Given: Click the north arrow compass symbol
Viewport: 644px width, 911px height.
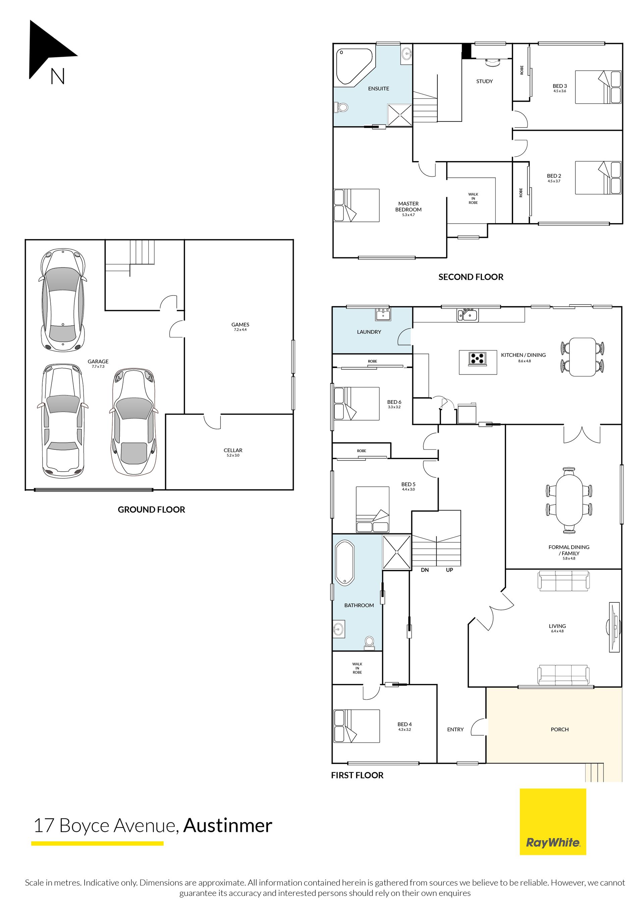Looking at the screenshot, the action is pyautogui.click(x=50, y=52).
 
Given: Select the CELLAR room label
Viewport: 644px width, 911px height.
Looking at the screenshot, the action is pyautogui.click(x=233, y=450).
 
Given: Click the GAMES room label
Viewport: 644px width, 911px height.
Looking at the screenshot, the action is pyautogui.click(x=240, y=325).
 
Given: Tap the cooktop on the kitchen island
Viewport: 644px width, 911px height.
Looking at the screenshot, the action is pyautogui.click(x=477, y=359).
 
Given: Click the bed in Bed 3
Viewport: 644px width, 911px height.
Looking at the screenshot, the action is pyautogui.click(x=598, y=87).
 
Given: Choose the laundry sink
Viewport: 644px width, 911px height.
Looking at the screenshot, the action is pyautogui.click(x=383, y=314).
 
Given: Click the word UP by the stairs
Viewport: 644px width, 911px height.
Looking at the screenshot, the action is pyautogui.click(x=449, y=570).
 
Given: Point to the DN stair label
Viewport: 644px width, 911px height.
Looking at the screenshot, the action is pyautogui.click(x=425, y=570).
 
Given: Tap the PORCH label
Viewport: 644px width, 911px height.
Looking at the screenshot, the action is pyautogui.click(x=559, y=729).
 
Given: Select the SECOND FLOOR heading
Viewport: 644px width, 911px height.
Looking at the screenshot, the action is pyautogui.click(x=471, y=277).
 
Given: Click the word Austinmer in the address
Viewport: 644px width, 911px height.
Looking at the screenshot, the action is pyautogui.click(x=228, y=826).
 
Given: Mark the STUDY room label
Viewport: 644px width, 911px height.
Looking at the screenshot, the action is pyautogui.click(x=484, y=81).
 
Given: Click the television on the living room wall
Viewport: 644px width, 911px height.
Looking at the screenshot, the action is pyautogui.click(x=614, y=627).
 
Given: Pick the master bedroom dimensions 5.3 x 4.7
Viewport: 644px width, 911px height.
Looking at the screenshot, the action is pyautogui.click(x=408, y=215).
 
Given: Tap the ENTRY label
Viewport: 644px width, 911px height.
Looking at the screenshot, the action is pyautogui.click(x=455, y=729).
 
